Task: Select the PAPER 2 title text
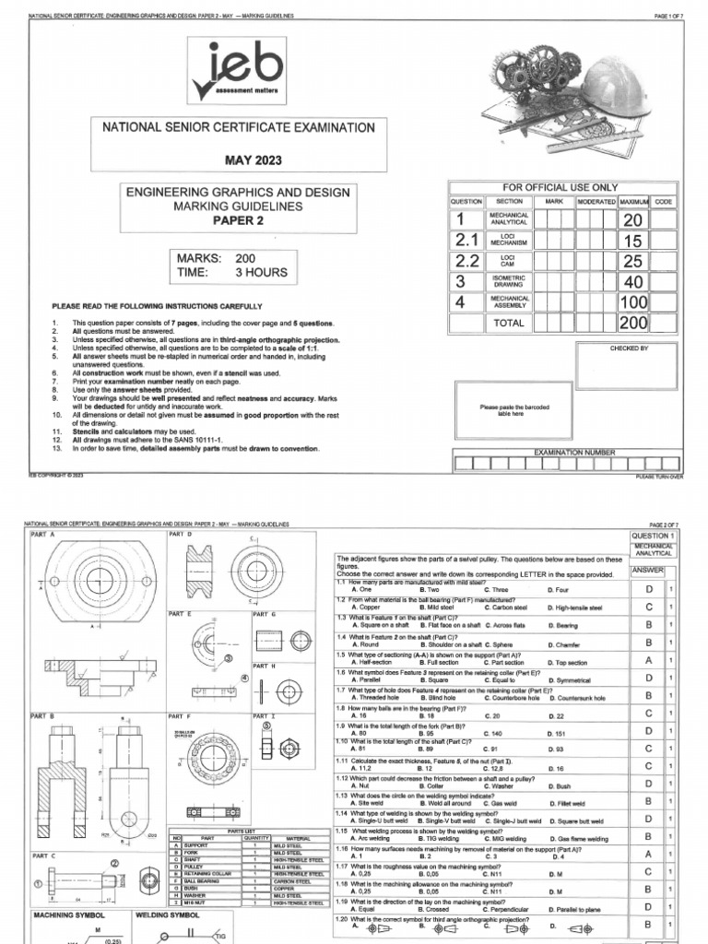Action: (x=238, y=220)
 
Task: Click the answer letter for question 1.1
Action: (x=648, y=589)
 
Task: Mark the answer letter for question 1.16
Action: (x=648, y=855)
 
